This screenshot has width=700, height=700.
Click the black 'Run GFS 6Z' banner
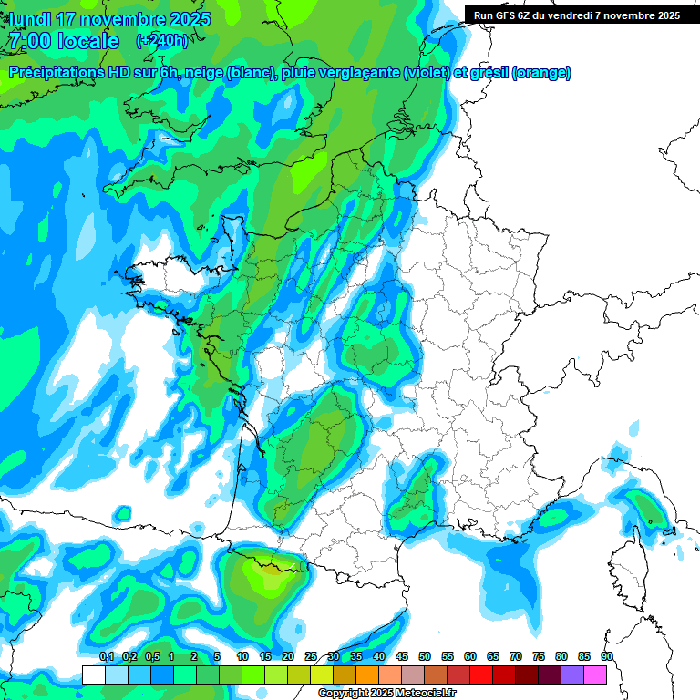click(577, 15)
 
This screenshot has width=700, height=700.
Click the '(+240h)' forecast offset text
click(161, 41)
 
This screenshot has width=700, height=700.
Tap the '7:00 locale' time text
click(64, 41)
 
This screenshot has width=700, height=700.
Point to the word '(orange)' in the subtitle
click(541, 73)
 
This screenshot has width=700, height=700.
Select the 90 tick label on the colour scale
click(606, 656)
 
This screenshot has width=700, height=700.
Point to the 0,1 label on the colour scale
click(106, 656)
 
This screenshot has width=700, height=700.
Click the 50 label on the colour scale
click(425, 656)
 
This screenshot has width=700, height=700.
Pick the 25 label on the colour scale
click(311, 656)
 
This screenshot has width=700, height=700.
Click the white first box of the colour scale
click(93, 674)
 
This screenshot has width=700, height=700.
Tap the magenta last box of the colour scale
click(595, 674)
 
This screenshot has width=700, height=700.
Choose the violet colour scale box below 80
click(572, 674)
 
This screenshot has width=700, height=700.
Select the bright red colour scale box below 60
click(481, 674)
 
